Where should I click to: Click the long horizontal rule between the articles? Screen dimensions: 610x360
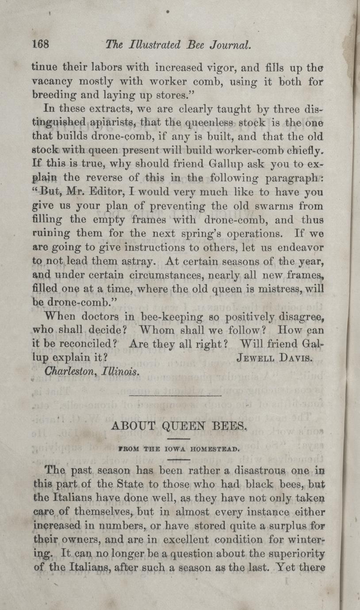coord(176,395)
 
